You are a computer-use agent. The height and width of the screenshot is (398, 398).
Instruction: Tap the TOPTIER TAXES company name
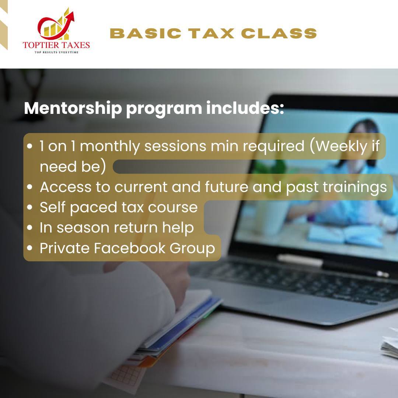(56, 45)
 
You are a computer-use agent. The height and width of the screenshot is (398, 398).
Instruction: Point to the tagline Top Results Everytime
(56, 52)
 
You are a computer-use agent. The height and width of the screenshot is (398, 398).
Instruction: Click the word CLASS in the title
(279, 34)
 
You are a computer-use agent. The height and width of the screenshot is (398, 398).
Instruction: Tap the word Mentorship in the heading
(73, 109)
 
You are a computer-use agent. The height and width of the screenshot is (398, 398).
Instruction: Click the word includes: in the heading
(245, 108)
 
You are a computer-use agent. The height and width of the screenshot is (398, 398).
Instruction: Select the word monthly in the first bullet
(110, 147)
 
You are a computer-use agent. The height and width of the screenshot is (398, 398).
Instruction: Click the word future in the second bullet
(226, 187)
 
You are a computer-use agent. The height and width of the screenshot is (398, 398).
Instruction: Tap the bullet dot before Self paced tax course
(30, 207)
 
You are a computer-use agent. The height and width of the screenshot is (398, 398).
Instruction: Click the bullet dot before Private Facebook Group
(30, 248)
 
